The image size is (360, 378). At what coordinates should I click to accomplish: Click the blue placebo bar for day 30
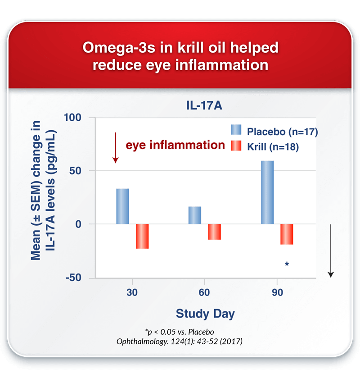pos(122,206)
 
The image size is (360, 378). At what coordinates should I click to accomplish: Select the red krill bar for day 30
pos(142,236)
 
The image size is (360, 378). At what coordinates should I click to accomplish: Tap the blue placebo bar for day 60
pos(195,215)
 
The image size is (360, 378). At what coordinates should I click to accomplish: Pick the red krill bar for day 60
pos(215,232)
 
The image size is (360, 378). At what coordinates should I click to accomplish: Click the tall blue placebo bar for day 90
pos(267,192)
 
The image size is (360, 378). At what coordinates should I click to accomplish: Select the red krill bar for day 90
pos(287,234)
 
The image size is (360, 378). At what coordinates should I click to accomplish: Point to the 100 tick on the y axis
pos(72,118)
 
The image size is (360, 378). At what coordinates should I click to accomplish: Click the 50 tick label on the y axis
pos(75,171)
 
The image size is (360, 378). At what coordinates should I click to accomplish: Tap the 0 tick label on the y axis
pos(78,224)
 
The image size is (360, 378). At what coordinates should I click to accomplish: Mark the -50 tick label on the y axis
pos(73,278)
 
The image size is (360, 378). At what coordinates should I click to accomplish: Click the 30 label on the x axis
pos(132,292)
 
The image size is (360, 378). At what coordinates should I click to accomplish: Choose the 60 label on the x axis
pos(204,292)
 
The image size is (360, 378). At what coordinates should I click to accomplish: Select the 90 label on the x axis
pos(277,292)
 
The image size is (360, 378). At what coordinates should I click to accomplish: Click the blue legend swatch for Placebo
pos(236,129)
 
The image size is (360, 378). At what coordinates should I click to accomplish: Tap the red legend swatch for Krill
pos(236,146)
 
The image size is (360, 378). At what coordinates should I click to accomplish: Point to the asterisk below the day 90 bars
pos(287,264)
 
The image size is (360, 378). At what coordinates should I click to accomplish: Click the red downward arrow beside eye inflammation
pos(116,147)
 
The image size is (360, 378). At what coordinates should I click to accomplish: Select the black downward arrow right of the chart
pos(331,251)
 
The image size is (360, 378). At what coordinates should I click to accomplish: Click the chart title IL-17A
pos(204,105)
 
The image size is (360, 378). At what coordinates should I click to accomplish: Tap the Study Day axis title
pos(205,314)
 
